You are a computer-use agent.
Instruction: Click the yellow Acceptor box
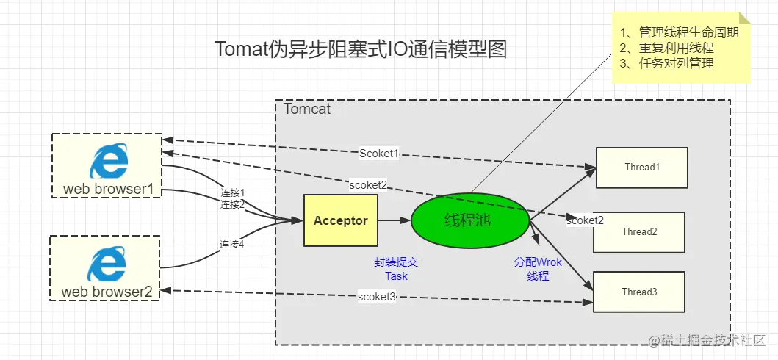341,220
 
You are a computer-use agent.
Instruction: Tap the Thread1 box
641,168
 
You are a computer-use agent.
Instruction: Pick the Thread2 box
639,232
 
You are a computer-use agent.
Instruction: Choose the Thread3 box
639,292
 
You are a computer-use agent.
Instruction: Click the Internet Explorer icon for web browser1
108,162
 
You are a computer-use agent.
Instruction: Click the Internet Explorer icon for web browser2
107,264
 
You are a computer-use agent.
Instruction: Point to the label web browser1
108,190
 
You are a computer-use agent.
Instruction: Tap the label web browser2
107,292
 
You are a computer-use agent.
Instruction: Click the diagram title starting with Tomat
361,49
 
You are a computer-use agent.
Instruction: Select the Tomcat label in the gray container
307,109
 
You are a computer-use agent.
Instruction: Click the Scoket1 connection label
379,154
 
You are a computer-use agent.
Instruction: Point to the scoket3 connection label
377,297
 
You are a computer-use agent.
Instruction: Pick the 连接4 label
232,244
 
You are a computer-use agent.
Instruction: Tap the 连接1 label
232,192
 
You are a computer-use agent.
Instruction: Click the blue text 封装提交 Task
396,269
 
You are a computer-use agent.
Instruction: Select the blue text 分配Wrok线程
539,269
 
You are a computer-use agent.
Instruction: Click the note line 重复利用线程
668,48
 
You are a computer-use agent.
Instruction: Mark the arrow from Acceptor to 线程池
395,220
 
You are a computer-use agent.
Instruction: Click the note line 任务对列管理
668,63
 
